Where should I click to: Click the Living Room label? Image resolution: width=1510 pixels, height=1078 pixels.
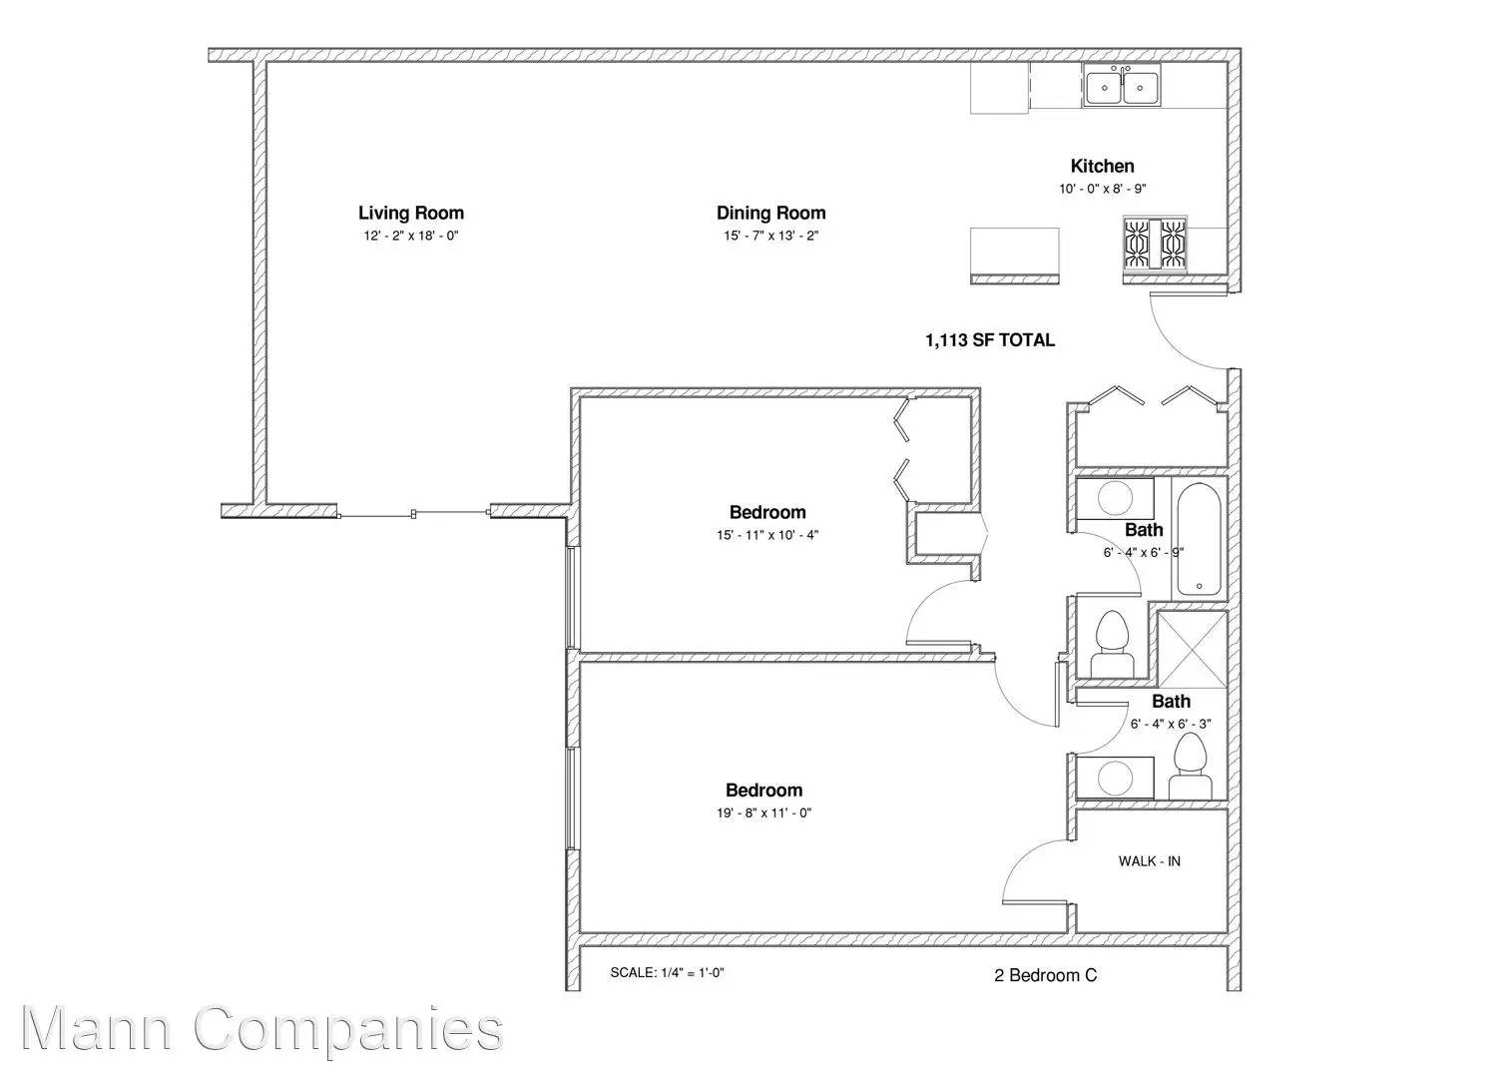(411, 213)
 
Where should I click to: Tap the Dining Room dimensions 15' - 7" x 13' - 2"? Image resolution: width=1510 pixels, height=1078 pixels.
(771, 236)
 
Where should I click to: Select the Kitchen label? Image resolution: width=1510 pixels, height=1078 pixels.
(1102, 166)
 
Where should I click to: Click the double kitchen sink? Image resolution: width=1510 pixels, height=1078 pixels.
(1122, 86)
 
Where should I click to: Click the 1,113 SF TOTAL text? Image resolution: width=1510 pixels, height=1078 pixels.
(990, 340)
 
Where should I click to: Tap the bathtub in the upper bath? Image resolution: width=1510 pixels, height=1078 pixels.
(1199, 539)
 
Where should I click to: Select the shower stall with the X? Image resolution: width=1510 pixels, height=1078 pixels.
(1192, 650)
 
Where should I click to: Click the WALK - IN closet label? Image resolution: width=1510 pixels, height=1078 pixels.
(1150, 861)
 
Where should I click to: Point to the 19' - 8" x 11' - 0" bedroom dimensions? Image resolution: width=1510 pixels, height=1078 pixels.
(763, 813)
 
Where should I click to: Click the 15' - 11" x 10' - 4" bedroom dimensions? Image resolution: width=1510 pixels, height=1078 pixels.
(767, 535)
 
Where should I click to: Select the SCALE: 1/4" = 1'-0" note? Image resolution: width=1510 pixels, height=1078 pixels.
(667, 973)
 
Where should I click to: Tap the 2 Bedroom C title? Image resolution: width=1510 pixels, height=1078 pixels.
(1046, 975)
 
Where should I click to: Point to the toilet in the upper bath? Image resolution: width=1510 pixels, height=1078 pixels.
(1112, 644)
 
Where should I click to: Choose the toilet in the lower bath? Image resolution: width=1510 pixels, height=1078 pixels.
(1189, 766)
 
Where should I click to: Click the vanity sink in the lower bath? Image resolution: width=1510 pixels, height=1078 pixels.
(1115, 779)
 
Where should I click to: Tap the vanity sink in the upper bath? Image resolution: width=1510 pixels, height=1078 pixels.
(1115, 498)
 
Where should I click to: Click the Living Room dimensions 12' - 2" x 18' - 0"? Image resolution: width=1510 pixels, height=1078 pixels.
(411, 236)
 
